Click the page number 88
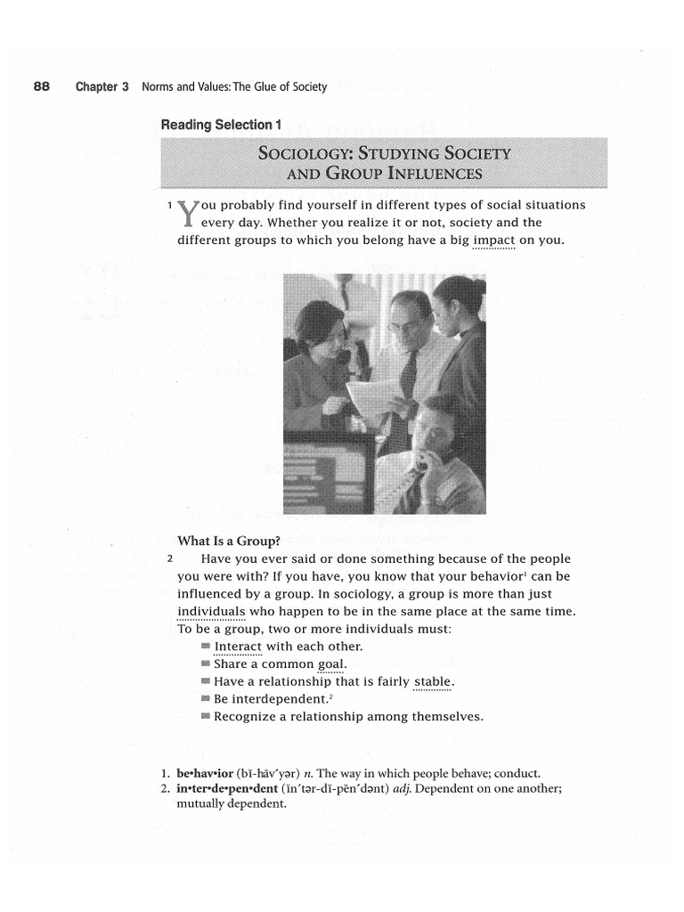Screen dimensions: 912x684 click(41, 87)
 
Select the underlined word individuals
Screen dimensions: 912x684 click(211, 611)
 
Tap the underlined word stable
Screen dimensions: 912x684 click(433, 682)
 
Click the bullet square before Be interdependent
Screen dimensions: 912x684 click(206, 699)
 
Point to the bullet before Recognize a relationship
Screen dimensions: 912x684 click(206, 717)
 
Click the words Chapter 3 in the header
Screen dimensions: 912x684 click(102, 87)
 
